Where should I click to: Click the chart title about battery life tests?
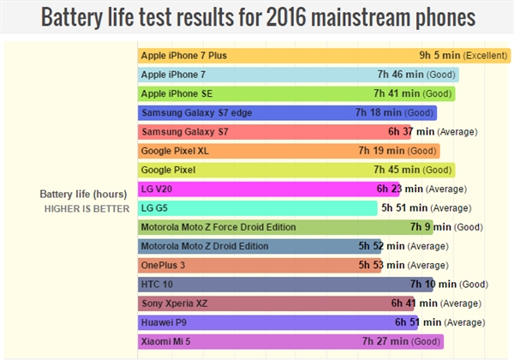tap(257, 17)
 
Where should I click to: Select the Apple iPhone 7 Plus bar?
tap(274, 56)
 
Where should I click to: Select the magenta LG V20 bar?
tap(257, 189)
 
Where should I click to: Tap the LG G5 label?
tap(154, 207)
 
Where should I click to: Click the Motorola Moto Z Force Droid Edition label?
tap(218, 227)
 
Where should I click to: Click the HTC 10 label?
tap(157, 284)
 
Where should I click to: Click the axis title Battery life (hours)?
tap(85, 192)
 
